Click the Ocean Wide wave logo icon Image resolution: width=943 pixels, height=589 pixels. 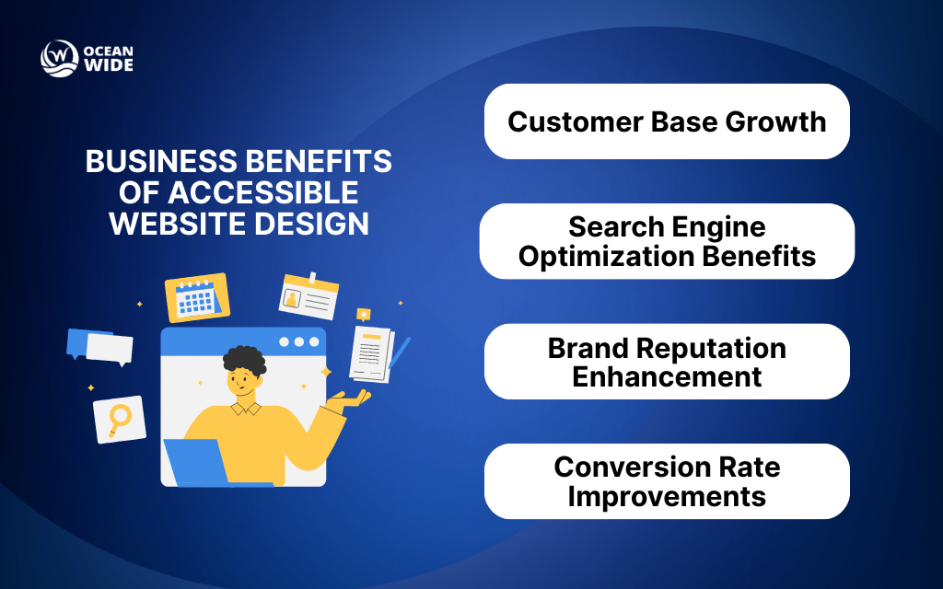coord(59,58)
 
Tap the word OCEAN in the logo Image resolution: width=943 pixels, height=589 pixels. coord(109,50)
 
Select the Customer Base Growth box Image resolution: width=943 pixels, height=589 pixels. coord(667,121)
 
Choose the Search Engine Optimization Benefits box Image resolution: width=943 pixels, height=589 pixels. coord(667,241)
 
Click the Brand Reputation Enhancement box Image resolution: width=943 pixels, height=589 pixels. coord(667,362)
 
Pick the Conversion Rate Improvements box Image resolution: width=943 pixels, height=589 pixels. coord(667,481)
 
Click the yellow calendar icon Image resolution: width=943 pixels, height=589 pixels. coord(197,297)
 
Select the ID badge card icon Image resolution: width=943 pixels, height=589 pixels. coord(309,295)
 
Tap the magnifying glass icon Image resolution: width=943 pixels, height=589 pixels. coord(120,420)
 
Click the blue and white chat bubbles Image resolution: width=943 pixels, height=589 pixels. coord(99,346)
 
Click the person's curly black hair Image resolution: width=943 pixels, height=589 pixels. coord(244,360)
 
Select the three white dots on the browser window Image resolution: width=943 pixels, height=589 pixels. coord(297,341)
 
